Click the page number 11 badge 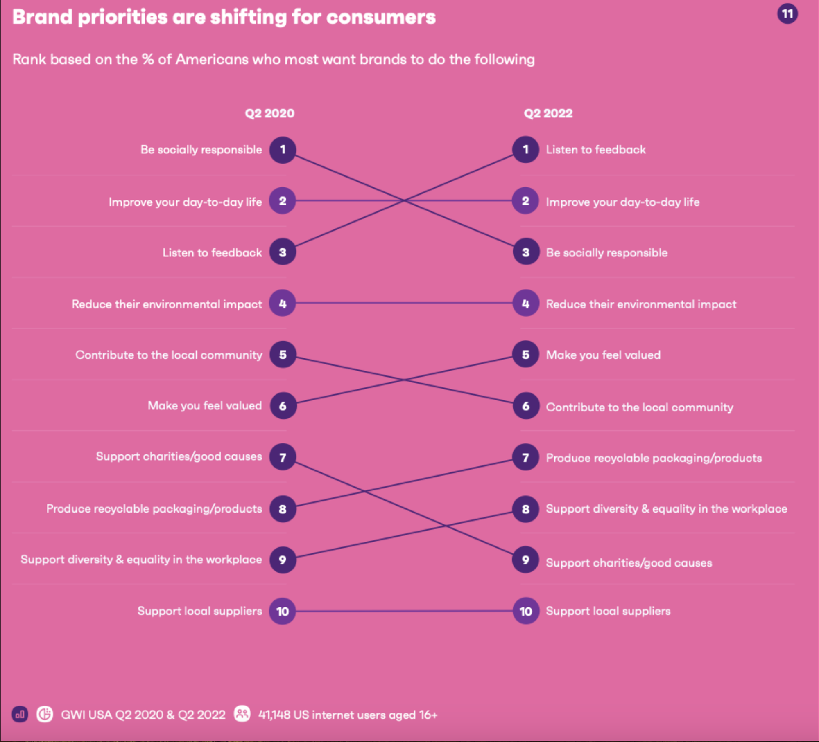coord(787,14)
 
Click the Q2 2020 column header coord(269,113)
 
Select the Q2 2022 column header coord(548,113)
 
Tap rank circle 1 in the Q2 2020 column coord(283,150)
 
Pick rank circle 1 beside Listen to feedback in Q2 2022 coord(525,150)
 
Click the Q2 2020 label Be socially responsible coord(201,150)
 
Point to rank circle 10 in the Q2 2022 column coord(525,611)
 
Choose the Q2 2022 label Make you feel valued coord(603,355)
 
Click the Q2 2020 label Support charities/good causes coord(179,456)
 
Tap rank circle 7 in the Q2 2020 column coord(283,457)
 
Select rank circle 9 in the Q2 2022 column coord(525,560)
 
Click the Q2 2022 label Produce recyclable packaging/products coord(654,458)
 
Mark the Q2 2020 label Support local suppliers coord(199,611)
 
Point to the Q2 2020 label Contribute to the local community coord(169,355)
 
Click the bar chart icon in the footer coord(20,715)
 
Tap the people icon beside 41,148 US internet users coord(242,714)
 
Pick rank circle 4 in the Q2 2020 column coord(283,304)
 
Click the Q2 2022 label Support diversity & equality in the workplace coord(666,509)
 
